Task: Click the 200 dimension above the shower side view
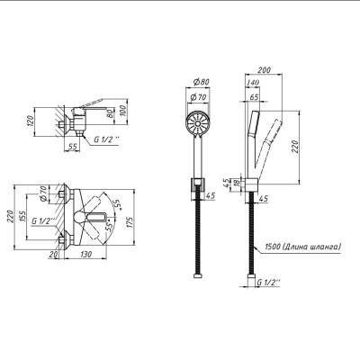coord(265,70)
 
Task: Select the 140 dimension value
coord(254,83)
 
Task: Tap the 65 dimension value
coord(254,97)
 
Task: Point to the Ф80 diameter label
coord(201,82)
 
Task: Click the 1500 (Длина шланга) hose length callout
coord(303,247)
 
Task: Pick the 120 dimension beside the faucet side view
coord(31,122)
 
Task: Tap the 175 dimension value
coord(130,220)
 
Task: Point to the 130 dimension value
coord(85,255)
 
